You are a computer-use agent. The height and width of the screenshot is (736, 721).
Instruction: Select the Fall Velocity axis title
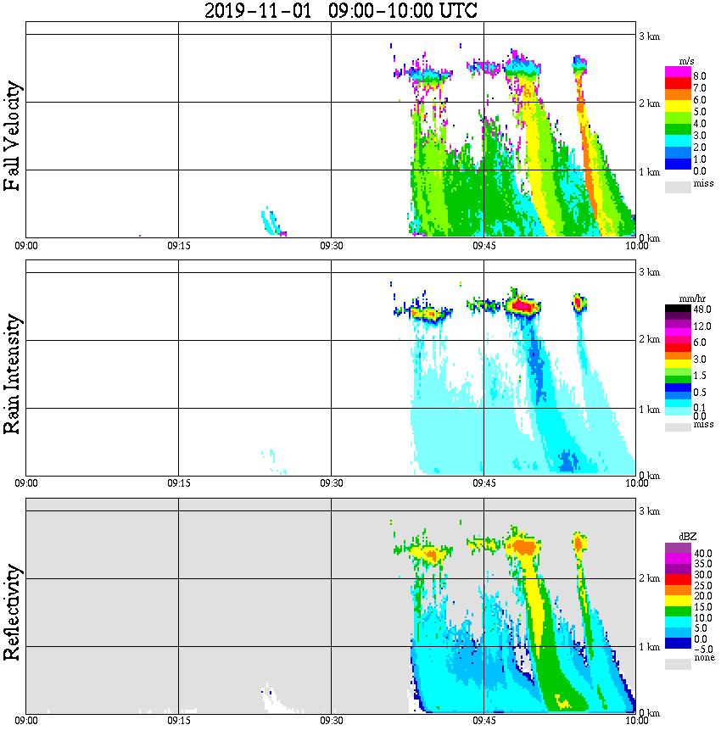(12, 136)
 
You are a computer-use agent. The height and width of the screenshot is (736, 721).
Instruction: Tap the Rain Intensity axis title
(12, 373)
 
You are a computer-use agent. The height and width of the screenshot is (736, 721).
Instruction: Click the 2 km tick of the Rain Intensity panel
(649, 340)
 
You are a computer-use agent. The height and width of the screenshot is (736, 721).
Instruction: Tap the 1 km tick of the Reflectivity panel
(649, 646)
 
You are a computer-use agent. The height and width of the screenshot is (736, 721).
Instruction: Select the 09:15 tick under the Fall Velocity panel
(178, 246)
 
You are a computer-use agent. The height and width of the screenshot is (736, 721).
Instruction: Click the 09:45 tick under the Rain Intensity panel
(483, 483)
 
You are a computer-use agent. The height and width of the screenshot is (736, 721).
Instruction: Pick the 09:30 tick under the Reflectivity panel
(331, 722)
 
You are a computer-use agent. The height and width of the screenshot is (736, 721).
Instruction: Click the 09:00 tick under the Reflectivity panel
(26, 722)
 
